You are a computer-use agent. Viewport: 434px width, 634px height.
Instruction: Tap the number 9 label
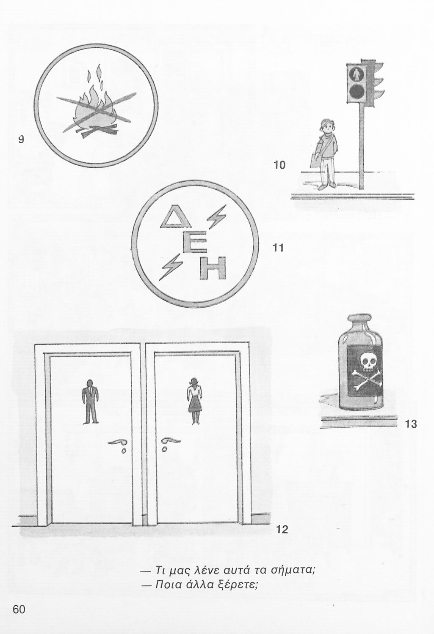(x=21, y=139)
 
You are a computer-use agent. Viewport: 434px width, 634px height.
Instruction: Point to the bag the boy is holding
(x=315, y=161)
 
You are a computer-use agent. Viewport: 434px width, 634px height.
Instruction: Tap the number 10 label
(x=279, y=165)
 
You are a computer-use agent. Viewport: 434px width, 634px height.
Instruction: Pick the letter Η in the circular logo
(x=213, y=268)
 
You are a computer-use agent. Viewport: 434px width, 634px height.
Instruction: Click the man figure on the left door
(x=91, y=402)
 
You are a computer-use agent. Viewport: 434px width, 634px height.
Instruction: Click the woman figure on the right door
(x=194, y=402)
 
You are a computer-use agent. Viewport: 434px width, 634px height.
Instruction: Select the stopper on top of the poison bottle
(x=360, y=318)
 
